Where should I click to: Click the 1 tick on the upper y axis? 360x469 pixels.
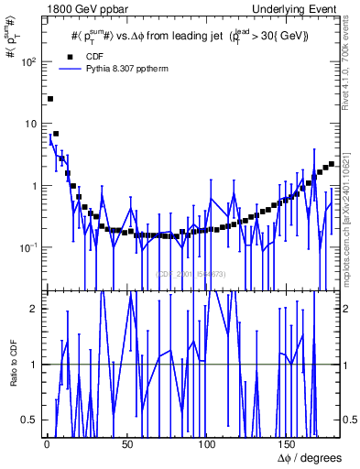[x=35, y=186]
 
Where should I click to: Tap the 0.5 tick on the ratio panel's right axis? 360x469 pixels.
[x=349, y=420]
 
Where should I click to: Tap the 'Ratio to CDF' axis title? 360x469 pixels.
[x=13, y=376]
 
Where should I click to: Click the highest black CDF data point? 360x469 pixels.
[x=50, y=99]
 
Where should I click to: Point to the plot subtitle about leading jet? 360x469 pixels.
[x=190, y=36]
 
